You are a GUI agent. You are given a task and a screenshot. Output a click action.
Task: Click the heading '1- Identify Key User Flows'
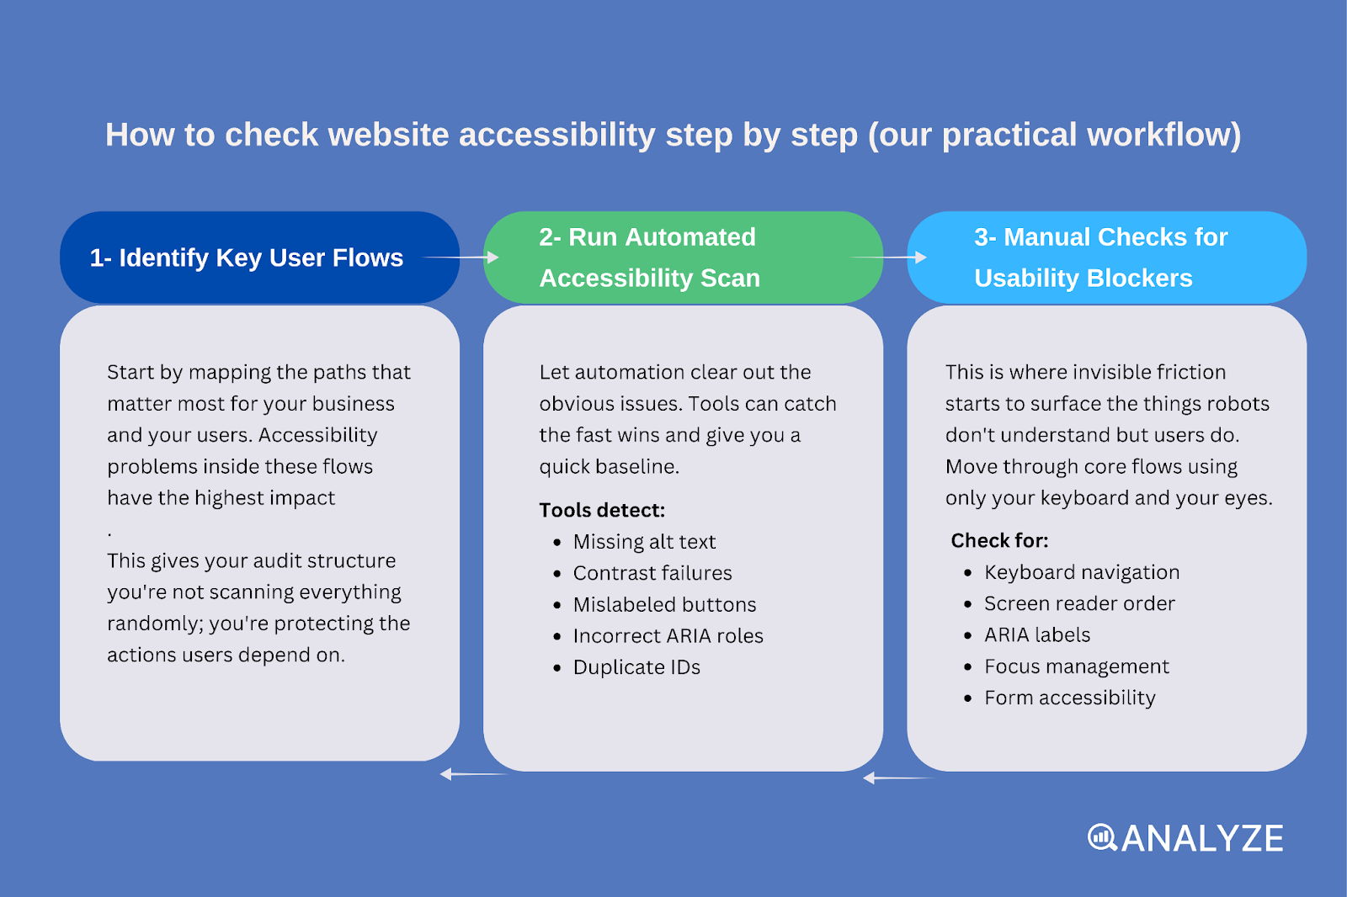[x=247, y=257]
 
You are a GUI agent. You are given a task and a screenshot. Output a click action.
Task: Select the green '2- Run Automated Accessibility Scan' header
[x=649, y=257]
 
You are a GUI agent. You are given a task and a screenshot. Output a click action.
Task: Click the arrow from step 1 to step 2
[x=461, y=257]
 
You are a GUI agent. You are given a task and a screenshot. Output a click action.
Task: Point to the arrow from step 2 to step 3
[x=890, y=257]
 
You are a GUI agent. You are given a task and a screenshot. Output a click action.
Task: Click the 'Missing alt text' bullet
[x=644, y=542]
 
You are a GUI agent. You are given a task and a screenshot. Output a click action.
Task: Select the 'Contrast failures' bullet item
[x=652, y=573]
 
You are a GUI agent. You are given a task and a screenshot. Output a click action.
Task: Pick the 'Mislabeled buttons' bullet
[x=664, y=605]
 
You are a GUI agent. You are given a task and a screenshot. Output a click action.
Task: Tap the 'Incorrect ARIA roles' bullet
[x=668, y=636]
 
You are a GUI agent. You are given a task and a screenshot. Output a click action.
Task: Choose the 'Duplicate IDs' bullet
[x=636, y=667]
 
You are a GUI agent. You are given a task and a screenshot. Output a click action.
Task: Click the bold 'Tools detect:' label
[x=602, y=510]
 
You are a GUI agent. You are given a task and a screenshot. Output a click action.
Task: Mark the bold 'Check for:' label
[x=999, y=540]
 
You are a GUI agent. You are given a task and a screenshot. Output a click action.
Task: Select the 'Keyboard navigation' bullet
[x=1082, y=572]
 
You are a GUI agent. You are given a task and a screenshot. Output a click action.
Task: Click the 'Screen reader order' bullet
[x=1079, y=603]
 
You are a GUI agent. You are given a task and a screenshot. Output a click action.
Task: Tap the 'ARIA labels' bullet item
[x=1037, y=635]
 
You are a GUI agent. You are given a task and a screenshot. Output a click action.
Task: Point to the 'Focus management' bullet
[x=1077, y=666]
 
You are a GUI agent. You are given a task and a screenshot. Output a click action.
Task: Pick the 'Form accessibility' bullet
[x=1070, y=698]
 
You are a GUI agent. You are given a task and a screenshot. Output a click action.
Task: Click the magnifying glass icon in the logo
[x=1102, y=837]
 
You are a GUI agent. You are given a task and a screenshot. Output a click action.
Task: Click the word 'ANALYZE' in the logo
[x=1202, y=838]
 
